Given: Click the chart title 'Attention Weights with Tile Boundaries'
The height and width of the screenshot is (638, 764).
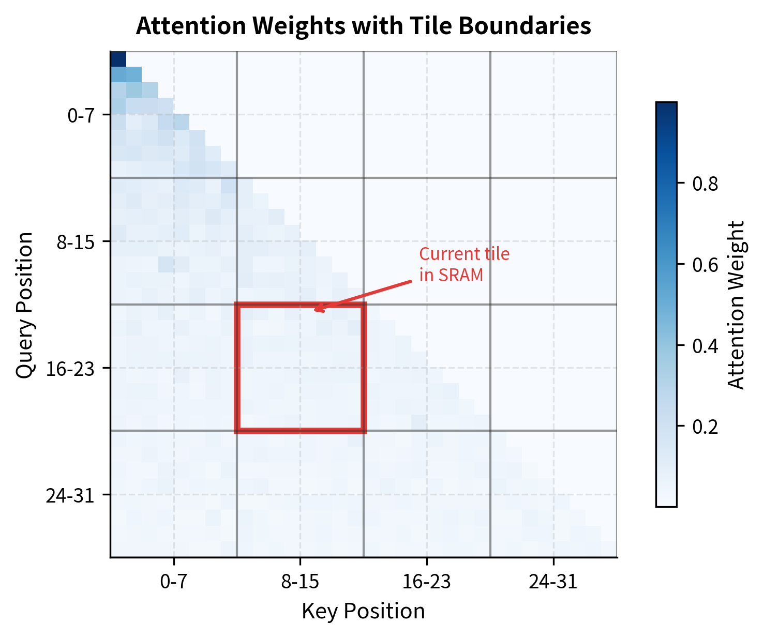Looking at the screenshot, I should pos(363,26).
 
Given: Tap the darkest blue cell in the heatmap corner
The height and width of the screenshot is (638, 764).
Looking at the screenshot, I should pos(118,59).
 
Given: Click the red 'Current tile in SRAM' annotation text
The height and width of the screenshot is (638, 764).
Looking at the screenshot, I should pos(464,264).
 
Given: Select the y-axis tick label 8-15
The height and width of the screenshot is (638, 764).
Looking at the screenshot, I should pos(76,242).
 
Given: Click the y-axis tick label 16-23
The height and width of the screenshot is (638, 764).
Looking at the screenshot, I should pos(71,369).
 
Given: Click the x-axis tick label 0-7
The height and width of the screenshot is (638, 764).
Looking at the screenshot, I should pos(173,582).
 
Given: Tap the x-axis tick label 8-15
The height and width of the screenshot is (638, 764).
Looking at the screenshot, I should pos(300,582).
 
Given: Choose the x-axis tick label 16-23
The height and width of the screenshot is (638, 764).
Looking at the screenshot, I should pos(427,582).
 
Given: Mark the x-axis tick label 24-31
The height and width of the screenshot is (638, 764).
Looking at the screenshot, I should pos(553,582).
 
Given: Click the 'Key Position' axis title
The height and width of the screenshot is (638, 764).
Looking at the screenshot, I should pos(363,611).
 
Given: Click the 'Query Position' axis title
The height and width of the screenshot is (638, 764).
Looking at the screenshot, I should pos(25,305).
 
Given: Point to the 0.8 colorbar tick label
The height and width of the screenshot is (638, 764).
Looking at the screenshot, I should pos(705,184).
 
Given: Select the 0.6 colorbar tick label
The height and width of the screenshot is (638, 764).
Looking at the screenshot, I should pos(705,265).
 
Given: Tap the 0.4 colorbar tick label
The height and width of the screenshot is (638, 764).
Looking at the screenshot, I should pos(705,346).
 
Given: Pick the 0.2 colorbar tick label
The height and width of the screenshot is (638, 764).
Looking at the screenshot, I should pos(705,427).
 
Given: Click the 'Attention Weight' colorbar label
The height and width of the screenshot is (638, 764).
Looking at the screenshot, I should pos(736,305).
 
